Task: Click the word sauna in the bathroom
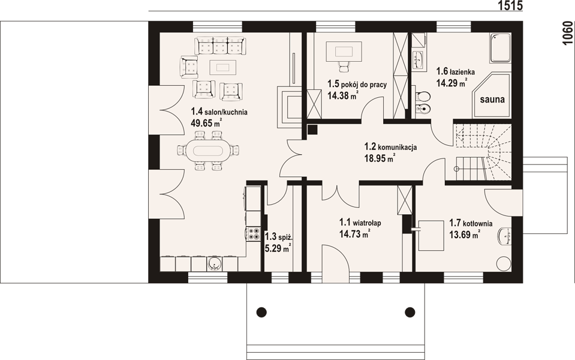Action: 492,99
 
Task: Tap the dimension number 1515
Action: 510,5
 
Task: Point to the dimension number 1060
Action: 567,34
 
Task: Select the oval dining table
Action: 208,151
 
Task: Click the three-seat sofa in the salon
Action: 221,46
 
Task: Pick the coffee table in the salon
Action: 222,67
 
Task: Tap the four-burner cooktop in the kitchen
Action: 253,234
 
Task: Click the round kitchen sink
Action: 214,264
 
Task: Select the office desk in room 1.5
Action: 344,50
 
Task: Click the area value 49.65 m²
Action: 206,123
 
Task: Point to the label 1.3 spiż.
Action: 278,236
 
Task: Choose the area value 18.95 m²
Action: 380,158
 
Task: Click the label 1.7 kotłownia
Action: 471,223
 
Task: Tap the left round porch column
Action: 261,312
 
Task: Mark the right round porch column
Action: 410,312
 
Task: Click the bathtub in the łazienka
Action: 501,48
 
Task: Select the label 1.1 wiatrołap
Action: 360,223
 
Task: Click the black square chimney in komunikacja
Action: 312,129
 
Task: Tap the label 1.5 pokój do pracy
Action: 357,85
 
